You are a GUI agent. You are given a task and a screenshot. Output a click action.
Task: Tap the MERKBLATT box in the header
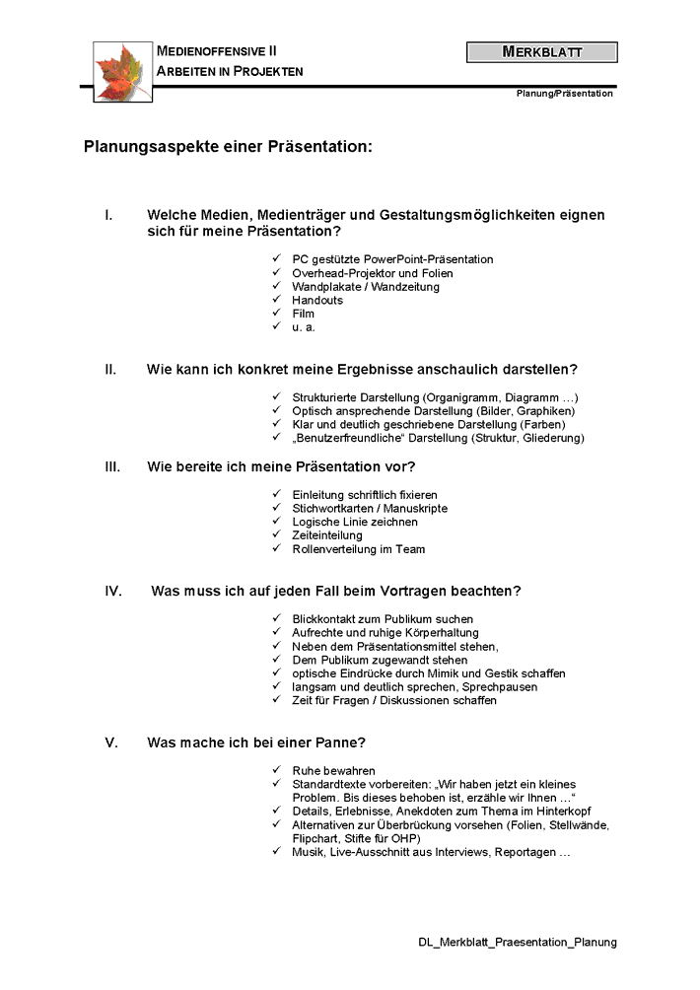[x=541, y=52]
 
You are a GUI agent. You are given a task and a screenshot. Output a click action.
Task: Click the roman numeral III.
[x=113, y=466]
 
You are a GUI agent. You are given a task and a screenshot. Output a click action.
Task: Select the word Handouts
[x=317, y=301]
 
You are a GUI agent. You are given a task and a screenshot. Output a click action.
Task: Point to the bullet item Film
[x=303, y=314]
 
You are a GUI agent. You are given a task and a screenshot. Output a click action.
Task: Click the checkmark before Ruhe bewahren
[x=277, y=770]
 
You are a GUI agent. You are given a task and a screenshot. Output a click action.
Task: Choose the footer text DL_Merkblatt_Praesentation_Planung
[x=518, y=942]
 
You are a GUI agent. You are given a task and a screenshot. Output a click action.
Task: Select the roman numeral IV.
[x=113, y=592]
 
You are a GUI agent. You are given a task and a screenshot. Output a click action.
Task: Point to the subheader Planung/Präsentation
[x=564, y=94]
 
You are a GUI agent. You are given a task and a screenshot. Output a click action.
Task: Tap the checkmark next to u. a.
[x=277, y=327]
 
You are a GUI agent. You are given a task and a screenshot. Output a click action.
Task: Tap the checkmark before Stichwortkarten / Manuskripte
[x=277, y=508]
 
